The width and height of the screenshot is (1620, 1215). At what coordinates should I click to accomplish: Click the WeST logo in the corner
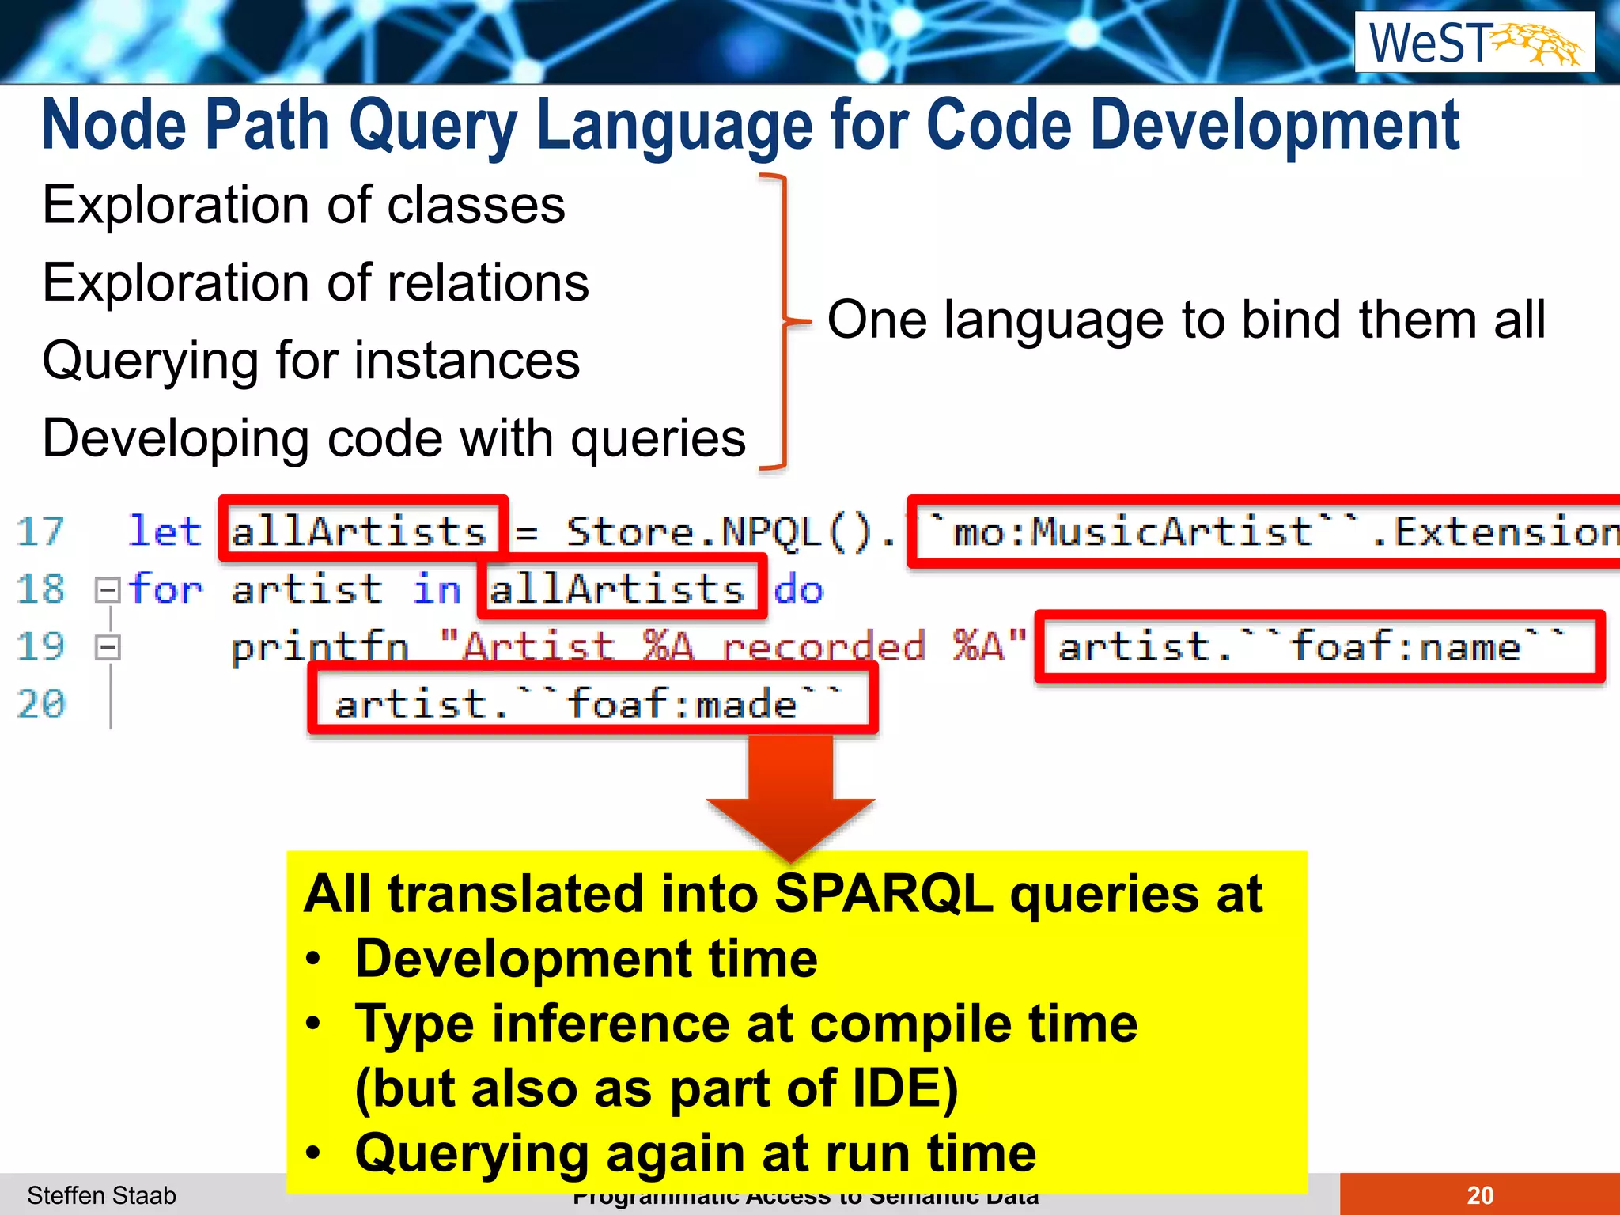[1474, 43]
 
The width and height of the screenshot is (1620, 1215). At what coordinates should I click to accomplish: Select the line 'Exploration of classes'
[304, 206]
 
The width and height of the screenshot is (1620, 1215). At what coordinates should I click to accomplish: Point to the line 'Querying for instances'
[311, 361]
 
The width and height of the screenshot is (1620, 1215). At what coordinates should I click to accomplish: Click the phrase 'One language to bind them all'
[1186, 320]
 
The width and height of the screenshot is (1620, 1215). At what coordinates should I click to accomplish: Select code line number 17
[40, 532]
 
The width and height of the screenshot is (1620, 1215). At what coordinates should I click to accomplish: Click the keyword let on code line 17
[165, 531]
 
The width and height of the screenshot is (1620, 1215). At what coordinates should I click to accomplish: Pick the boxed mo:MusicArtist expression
[1266, 532]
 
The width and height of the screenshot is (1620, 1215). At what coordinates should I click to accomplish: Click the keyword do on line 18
[798, 590]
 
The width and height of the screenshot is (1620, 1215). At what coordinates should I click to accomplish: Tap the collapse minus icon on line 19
[107, 648]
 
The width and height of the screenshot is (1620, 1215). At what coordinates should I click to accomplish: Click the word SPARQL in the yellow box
[883, 895]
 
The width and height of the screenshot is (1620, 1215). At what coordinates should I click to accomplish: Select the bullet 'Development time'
[586, 960]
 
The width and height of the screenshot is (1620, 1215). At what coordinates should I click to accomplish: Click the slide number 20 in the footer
[1479, 1195]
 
